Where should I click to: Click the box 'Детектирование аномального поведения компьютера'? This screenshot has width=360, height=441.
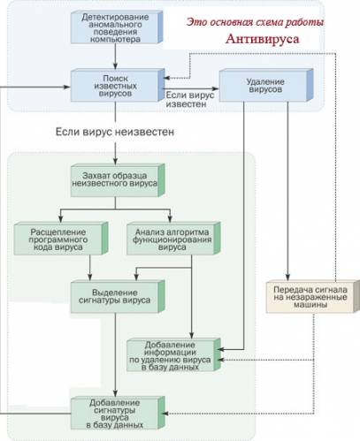(117, 27)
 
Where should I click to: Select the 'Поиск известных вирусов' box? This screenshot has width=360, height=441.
(118, 86)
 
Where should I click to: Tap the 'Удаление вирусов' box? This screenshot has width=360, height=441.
(266, 86)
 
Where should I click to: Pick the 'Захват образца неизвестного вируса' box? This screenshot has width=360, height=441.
(118, 180)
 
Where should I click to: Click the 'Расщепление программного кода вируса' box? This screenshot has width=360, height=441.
(61, 239)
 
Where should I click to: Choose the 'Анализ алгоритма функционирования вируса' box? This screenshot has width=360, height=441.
(173, 239)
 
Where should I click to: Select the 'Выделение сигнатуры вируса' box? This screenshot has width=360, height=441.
(118, 296)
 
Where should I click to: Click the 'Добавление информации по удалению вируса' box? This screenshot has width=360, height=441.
(173, 354)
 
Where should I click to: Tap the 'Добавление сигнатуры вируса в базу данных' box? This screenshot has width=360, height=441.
(118, 413)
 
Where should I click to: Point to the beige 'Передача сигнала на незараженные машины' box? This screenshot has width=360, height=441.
(312, 296)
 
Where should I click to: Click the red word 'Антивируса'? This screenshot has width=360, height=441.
(263, 39)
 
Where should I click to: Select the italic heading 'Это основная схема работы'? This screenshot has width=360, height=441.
(255, 22)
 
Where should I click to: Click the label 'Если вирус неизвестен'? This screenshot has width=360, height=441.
(115, 132)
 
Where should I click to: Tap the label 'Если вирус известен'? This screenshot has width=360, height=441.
(189, 100)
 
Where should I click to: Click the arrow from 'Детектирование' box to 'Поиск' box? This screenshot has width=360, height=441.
(115, 57)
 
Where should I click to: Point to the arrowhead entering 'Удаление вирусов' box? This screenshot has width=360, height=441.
(216, 88)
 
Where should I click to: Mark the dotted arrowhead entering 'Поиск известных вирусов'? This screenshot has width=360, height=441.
(167, 78)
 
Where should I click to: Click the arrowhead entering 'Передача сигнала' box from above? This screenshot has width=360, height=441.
(287, 277)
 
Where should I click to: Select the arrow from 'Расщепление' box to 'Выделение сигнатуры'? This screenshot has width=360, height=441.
(90, 268)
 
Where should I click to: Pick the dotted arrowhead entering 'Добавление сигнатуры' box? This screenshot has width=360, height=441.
(165, 414)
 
